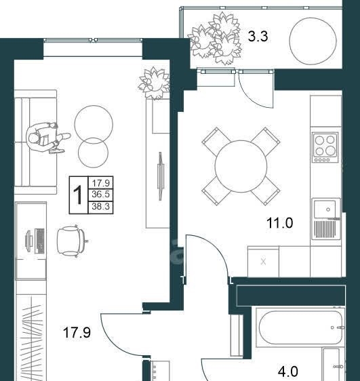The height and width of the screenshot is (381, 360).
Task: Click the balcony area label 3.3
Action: (x=258, y=37)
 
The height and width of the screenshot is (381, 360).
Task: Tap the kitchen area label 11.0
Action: (x=280, y=223)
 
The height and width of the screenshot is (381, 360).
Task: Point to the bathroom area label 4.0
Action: (x=288, y=372)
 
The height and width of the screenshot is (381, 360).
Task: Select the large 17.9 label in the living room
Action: (x=77, y=332)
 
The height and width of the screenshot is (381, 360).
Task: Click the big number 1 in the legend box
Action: (x=78, y=195)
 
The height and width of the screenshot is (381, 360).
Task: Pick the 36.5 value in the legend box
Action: (x=100, y=195)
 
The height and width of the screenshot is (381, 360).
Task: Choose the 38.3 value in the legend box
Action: (x=100, y=207)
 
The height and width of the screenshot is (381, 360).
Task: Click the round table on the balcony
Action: (x=313, y=41)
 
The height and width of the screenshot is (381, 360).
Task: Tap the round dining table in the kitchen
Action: (x=241, y=166)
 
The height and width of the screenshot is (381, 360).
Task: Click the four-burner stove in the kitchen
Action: (x=325, y=148)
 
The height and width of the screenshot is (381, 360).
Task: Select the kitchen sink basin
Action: (x=325, y=209)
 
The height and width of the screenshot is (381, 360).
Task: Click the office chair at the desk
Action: (x=72, y=241)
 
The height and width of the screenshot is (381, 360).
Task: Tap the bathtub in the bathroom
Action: (x=300, y=327)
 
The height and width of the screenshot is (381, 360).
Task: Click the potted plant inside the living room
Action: (x=154, y=83)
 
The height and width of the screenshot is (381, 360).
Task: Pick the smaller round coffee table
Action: (x=93, y=153)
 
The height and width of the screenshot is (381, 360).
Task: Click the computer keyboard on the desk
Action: (x=40, y=241)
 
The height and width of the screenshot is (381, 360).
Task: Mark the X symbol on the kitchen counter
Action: (x=263, y=262)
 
